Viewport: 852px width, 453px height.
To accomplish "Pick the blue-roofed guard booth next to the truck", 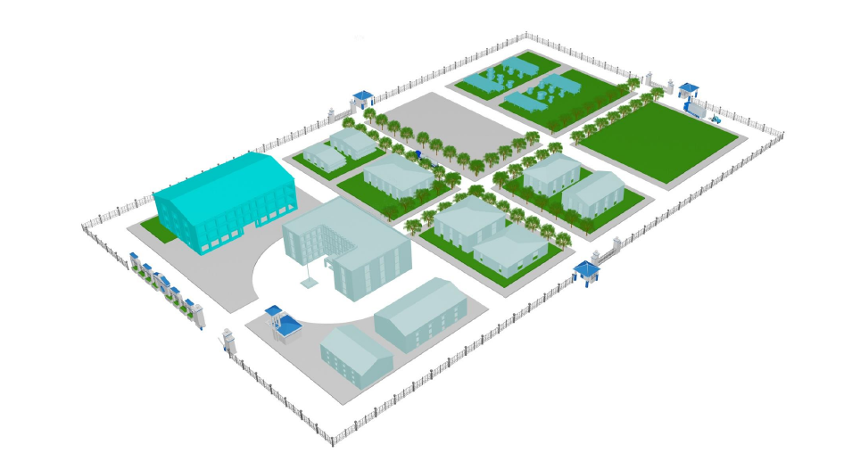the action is (688, 91).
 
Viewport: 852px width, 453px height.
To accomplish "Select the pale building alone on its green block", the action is (398, 177).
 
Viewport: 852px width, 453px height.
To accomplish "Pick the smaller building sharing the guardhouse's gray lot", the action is (356, 355).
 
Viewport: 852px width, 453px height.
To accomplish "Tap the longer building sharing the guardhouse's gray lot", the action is (419, 314).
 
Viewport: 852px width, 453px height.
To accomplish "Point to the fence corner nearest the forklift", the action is (782, 136).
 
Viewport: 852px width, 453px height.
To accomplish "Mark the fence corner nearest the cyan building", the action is (87, 226).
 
